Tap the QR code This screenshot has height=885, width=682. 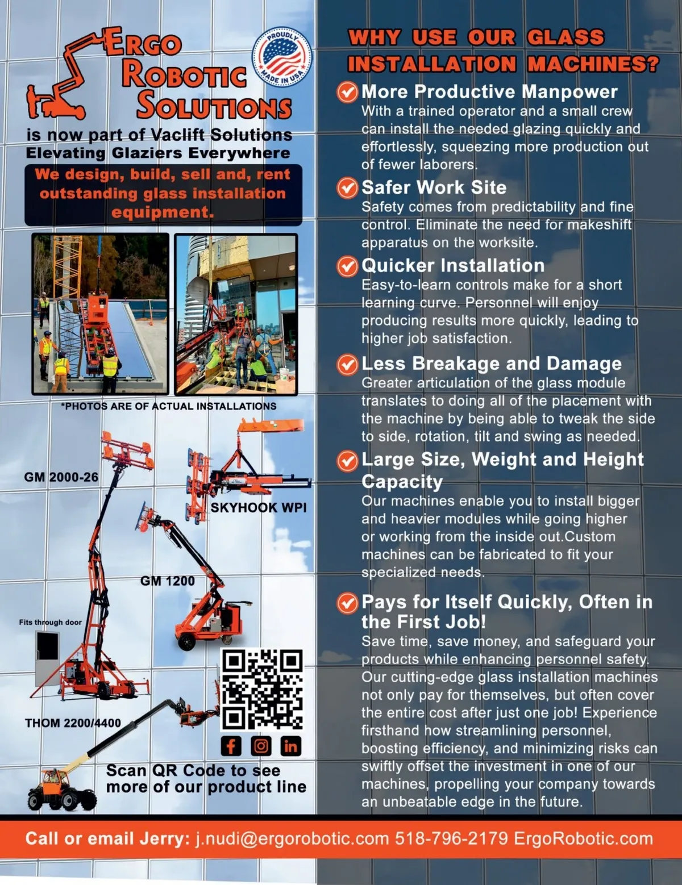[x=262, y=690]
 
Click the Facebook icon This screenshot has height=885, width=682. [x=231, y=746]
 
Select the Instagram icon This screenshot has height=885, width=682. [x=261, y=746]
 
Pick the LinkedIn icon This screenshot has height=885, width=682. [x=291, y=746]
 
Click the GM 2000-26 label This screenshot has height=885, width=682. [x=61, y=477]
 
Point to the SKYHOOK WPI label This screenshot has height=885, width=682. [x=258, y=507]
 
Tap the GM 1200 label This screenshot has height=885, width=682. [x=168, y=581]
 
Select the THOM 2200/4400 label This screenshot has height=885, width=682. [x=73, y=723]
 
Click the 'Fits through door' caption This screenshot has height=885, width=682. [x=50, y=623]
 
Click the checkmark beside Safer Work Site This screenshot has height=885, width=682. [x=347, y=188]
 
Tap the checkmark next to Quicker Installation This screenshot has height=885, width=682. [x=347, y=266]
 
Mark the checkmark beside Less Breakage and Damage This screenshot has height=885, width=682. [x=347, y=364]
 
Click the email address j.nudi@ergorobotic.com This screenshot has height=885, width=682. [x=292, y=839]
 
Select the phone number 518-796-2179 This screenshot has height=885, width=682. [x=451, y=838]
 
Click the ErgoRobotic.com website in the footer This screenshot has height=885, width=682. [x=584, y=839]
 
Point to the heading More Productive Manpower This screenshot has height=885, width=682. [x=489, y=91]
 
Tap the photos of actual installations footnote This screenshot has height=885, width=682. [x=169, y=406]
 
